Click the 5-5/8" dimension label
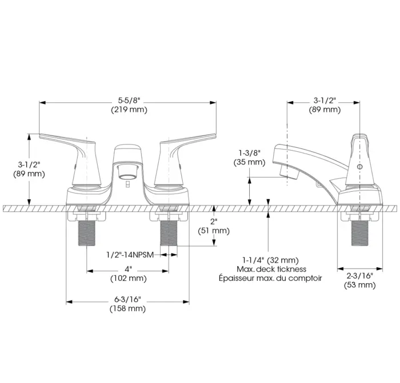[129, 100]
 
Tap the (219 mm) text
[129, 110]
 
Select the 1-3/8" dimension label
[250, 153]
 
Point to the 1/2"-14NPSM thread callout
[130, 255]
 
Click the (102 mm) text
[129, 278]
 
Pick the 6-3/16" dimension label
[127, 299]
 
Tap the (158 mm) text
[127, 309]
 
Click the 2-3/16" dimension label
[360, 276]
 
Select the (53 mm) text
[360, 285]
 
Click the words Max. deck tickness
[271, 269]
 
